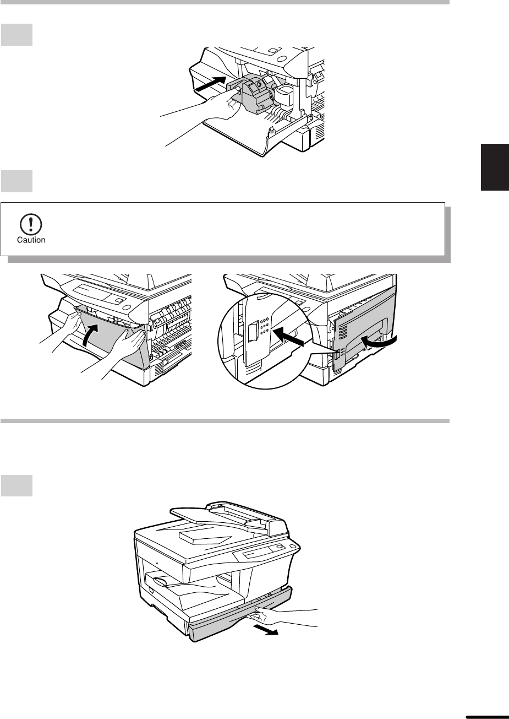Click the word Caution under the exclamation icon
pyautogui.click(x=31, y=240)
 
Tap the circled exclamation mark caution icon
pyautogui.click(x=31, y=224)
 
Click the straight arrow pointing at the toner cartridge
pyautogui.click(x=211, y=84)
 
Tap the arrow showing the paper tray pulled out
pyautogui.click(x=265, y=630)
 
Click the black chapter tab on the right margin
pyautogui.click(x=495, y=167)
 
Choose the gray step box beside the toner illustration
pyautogui.click(x=17, y=35)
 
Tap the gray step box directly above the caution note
pyautogui.click(x=17, y=181)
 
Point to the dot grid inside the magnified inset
pyautogui.click(x=264, y=326)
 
